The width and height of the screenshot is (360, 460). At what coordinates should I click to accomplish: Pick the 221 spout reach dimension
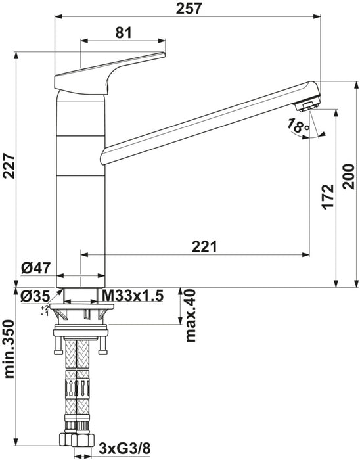[x=205, y=246]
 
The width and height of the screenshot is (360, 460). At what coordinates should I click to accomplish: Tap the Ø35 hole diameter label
[x=35, y=296]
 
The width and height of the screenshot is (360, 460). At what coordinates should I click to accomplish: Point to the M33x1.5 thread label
[x=131, y=296]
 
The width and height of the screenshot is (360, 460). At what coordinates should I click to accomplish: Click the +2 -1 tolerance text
[x=44, y=310]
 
